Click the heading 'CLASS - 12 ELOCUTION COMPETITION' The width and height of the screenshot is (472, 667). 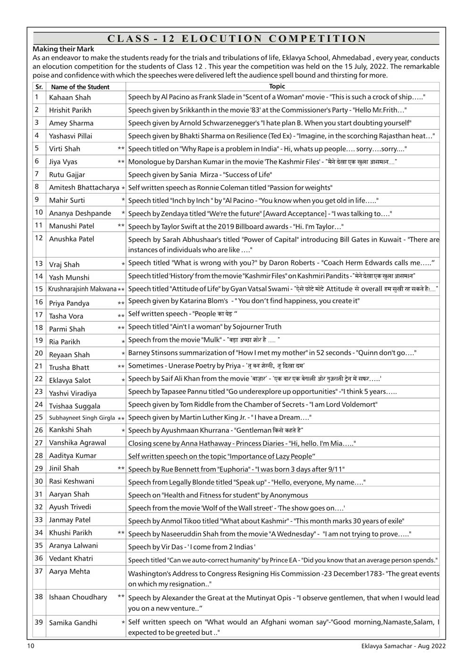tap(236, 39)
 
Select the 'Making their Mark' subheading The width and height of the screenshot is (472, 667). tap(63, 49)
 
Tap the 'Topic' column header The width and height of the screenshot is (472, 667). tap(277, 86)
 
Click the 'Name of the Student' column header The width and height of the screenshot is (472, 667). tap(80, 87)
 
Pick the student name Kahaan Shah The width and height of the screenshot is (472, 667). tap(70, 98)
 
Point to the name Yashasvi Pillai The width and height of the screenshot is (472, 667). tap(71, 136)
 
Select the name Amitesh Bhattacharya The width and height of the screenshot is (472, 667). tap(84, 187)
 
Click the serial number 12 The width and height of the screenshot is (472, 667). tap(39, 238)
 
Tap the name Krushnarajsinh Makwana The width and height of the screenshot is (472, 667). tap(82, 289)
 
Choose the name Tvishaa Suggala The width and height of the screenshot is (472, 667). tap(75, 406)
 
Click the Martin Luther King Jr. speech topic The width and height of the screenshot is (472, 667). tap(219, 417)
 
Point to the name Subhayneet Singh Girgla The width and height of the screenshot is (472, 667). tap(82, 417)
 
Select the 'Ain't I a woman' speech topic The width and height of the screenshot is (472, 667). tap(205, 327)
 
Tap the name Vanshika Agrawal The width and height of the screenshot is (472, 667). tap(77, 442)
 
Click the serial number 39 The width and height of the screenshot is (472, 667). tap(39, 622)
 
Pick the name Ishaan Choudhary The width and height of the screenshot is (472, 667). tap(78, 597)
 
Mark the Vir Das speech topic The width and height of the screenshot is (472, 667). tap(192, 547)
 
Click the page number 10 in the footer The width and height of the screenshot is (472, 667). tap(31, 646)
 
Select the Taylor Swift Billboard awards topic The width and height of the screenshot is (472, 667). tap(236, 226)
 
